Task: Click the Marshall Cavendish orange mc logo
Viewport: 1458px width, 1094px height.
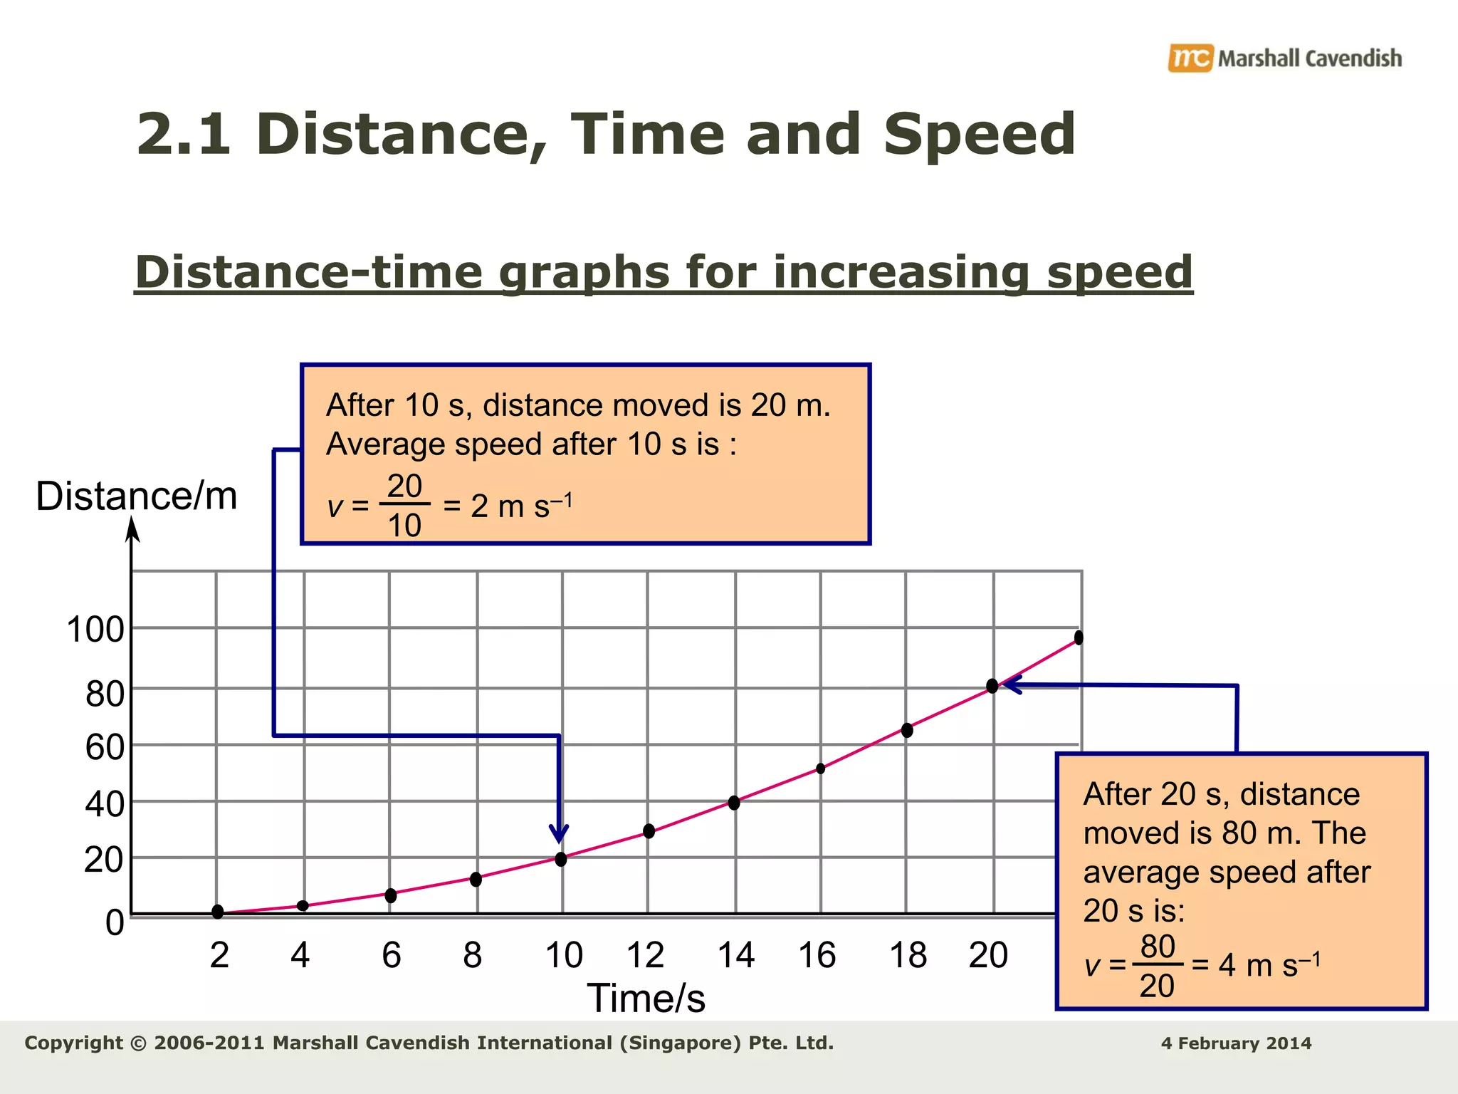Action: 1190,58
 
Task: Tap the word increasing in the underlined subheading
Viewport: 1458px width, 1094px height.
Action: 901,272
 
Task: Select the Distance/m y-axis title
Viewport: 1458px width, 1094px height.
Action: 136,496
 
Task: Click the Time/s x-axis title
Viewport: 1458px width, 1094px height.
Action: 646,998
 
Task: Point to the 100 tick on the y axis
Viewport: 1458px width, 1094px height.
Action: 95,630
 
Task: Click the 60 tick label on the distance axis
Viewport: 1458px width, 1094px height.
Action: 104,748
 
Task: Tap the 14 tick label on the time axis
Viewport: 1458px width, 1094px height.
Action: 735,955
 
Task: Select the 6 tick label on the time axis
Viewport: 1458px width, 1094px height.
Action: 391,955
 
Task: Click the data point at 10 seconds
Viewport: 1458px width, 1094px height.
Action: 561,859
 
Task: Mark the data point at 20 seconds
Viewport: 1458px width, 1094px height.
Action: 992,686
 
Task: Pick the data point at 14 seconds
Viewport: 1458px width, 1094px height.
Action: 734,803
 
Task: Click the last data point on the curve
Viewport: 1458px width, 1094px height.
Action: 1079,637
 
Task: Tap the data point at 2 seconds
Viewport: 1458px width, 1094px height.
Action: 218,912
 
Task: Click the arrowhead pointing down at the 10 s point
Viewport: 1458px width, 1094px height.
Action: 560,833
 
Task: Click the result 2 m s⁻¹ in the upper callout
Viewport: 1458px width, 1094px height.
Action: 521,506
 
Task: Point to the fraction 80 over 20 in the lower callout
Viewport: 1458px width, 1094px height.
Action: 1157,966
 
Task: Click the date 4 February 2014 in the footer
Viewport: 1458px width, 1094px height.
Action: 1236,1043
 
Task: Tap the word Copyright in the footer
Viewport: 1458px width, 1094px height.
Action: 73,1043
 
